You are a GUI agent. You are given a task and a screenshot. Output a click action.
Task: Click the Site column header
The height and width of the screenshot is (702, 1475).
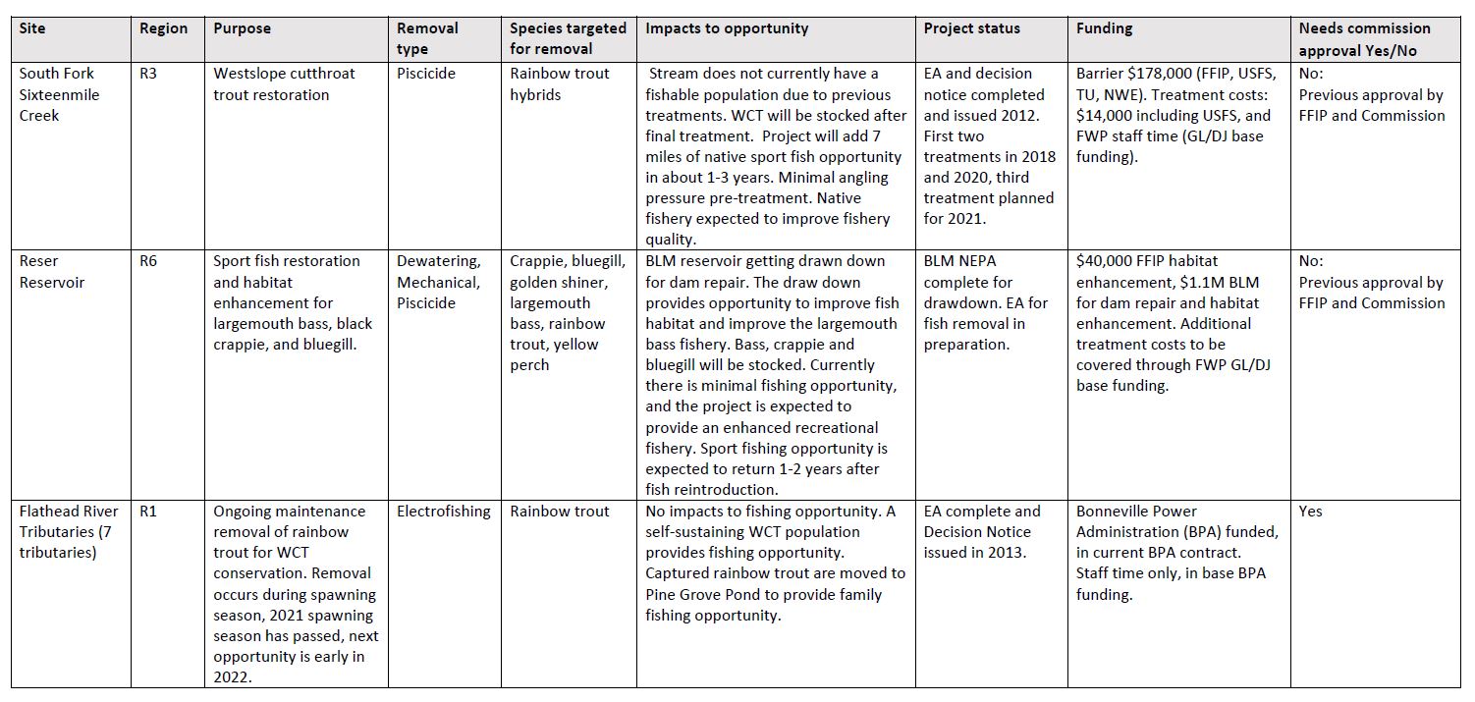32,28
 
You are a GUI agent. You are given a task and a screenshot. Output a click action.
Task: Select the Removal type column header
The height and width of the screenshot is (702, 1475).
427,38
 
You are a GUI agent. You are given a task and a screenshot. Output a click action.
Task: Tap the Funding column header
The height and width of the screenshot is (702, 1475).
1104,28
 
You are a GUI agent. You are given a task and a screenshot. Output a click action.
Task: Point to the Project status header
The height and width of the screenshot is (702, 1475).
971,28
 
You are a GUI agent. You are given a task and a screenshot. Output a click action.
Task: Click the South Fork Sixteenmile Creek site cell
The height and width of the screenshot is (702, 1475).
60,94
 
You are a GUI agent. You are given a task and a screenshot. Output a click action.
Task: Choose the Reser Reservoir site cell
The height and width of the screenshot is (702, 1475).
52,272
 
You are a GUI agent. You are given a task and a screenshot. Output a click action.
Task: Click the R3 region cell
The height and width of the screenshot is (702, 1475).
149,74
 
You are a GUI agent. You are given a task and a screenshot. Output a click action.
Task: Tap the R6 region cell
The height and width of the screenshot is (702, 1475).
149,261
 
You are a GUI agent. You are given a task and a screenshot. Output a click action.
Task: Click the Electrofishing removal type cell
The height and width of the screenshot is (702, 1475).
444,512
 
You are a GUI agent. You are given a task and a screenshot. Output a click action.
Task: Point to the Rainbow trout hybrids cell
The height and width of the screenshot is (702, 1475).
560,84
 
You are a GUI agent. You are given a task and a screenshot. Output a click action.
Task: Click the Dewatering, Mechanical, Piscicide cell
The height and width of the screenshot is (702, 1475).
439,282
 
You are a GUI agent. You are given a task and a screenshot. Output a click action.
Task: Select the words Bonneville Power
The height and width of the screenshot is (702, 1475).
1137,512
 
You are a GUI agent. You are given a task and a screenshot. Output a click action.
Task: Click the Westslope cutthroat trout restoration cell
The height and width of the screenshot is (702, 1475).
285,84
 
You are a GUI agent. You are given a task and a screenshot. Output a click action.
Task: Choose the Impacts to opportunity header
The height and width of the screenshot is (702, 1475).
727,28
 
